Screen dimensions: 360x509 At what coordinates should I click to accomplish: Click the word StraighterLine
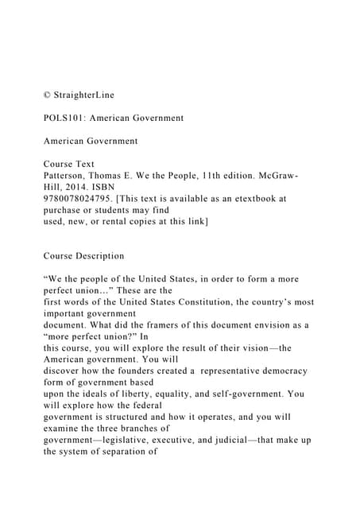pos(83,95)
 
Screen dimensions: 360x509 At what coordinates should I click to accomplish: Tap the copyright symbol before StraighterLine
pos(47,95)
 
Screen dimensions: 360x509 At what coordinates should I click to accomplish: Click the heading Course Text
pos(69,164)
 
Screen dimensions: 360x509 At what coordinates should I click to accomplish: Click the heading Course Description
pos(83,256)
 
